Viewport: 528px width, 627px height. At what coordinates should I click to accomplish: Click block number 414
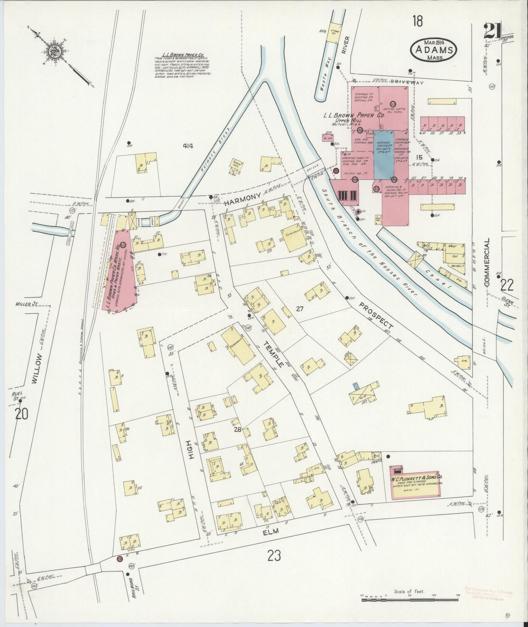(188, 146)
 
